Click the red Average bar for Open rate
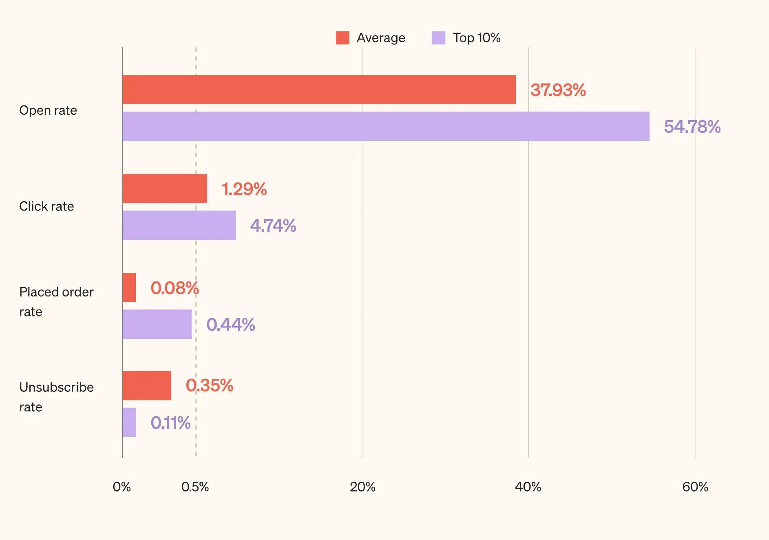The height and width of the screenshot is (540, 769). (x=319, y=90)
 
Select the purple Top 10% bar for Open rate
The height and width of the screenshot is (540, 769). (x=386, y=126)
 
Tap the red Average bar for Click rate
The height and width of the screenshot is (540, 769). (x=165, y=189)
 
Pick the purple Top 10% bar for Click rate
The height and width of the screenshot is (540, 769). (x=179, y=225)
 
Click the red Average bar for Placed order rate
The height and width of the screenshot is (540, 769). (x=129, y=288)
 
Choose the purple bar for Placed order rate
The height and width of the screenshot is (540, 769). (x=157, y=324)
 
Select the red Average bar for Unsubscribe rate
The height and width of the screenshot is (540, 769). (x=147, y=386)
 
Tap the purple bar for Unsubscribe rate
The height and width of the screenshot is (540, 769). (x=129, y=422)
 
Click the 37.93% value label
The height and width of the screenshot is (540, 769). (x=558, y=90)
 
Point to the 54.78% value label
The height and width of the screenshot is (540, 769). (x=692, y=127)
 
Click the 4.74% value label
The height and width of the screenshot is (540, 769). (x=273, y=226)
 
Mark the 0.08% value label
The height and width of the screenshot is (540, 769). (x=175, y=288)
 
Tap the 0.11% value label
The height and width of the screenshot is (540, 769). (x=170, y=423)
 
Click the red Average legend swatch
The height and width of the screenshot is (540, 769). (x=343, y=38)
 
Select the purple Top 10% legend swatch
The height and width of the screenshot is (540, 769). (x=439, y=38)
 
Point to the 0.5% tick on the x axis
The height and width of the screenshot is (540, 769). (x=195, y=487)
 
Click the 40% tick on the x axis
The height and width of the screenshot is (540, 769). (x=528, y=487)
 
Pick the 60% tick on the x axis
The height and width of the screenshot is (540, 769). (x=695, y=487)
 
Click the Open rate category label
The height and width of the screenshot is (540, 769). (x=48, y=110)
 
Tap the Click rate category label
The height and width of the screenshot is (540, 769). (x=46, y=206)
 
